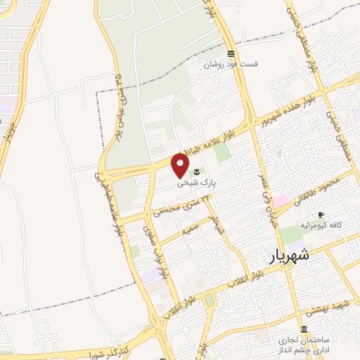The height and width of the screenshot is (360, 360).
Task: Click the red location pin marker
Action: point(181,165)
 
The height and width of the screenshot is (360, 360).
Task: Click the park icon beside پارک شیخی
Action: point(196,171)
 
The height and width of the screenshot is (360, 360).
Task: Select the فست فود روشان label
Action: point(231,64)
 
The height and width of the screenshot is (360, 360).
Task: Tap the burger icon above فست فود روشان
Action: point(231,53)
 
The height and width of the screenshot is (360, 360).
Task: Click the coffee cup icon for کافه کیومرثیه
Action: point(321,214)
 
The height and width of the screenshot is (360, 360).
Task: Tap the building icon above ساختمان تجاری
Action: point(304,329)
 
